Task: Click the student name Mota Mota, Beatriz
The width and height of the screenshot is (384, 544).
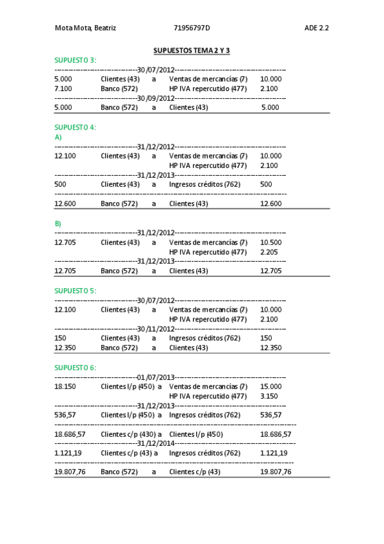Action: point(85,28)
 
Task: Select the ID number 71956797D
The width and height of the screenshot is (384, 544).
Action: point(192,28)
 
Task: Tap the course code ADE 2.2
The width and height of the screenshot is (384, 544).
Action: point(317,28)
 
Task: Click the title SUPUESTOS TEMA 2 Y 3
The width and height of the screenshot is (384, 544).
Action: point(192,50)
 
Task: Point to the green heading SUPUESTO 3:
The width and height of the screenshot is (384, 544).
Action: point(75,60)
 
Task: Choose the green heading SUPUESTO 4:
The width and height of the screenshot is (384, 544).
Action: point(75,127)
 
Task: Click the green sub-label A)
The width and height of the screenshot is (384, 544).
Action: point(58,137)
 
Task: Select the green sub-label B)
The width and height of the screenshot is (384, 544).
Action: point(58,223)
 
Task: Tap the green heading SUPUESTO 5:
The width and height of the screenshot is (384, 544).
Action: point(75,291)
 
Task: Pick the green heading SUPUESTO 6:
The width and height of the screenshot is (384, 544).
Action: point(75,368)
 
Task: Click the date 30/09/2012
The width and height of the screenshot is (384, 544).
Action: point(156,98)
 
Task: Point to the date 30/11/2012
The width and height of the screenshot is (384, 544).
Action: point(156,328)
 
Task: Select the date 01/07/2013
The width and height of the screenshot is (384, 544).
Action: point(156,377)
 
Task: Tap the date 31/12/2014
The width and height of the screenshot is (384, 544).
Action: point(156,443)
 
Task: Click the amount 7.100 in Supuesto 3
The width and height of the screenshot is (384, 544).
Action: point(63,89)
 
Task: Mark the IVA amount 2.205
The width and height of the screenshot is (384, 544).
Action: point(269,252)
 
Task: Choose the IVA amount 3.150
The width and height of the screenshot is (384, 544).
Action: point(269,396)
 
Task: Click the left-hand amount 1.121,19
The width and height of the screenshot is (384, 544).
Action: point(68,453)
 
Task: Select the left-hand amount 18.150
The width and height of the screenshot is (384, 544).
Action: point(65,386)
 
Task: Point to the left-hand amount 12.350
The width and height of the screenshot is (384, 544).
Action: point(65,348)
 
